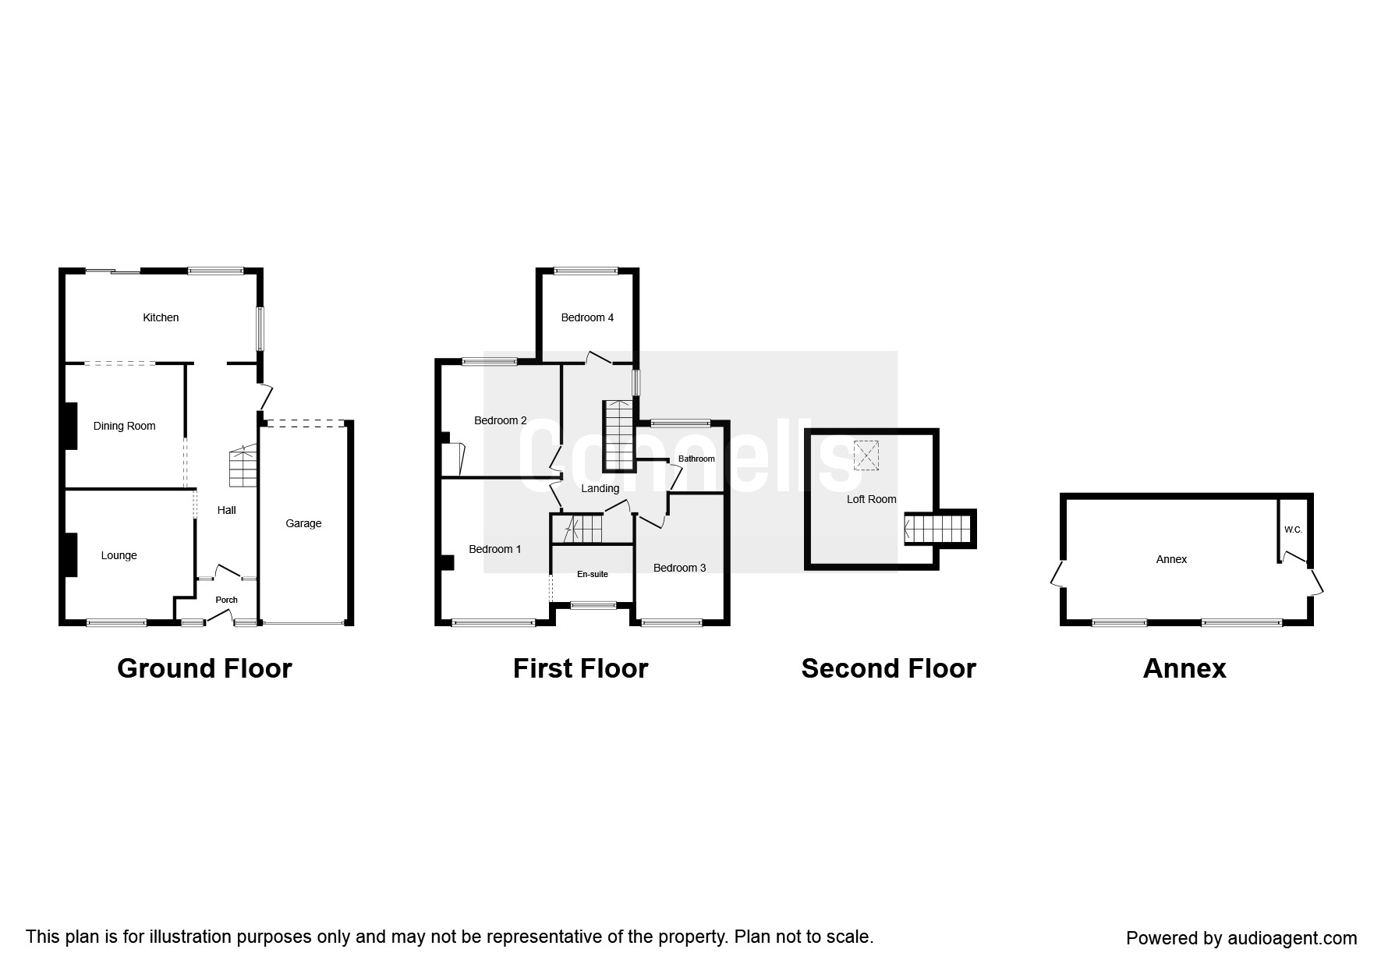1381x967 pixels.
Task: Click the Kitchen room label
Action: coord(161,317)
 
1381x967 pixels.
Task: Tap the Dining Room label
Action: coord(124,426)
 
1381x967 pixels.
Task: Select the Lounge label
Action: coord(119,555)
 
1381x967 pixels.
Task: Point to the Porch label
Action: coord(226,600)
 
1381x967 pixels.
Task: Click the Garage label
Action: coord(303,523)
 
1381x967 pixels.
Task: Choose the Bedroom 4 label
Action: coord(587,317)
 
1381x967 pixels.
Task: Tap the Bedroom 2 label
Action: coord(500,420)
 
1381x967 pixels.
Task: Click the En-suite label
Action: coord(592,574)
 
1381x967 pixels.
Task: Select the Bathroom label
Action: coord(696,459)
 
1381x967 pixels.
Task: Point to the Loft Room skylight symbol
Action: coord(866,456)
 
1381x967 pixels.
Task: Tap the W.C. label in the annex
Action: coord(1293,530)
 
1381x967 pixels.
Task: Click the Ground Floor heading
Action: coord(204,668)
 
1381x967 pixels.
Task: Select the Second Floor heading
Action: coord(888,668)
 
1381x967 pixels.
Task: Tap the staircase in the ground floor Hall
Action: coord(243,467)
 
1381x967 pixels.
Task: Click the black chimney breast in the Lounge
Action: coord(70,554)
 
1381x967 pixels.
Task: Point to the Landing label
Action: coord(600,488)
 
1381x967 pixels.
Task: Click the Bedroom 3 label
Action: coord(679,568)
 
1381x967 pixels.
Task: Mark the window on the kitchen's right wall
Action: coord(260,328)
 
